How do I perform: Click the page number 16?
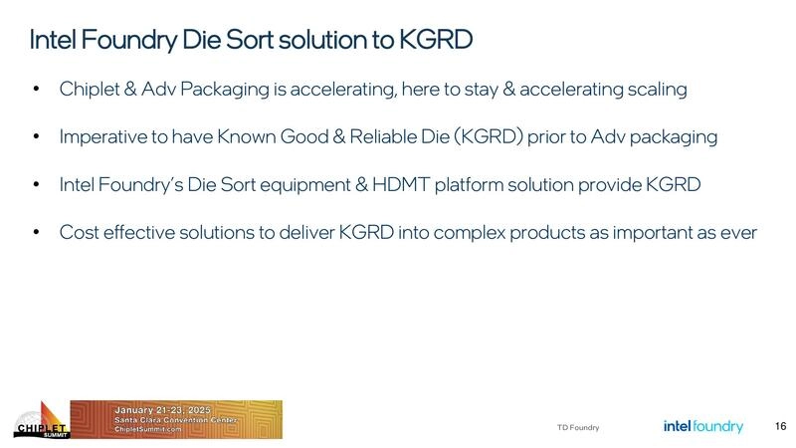point(780,426)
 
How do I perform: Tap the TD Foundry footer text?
point(578,427)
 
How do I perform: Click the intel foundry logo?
point(703,426)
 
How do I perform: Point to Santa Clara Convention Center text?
point(169,419)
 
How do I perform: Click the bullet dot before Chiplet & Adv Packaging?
point(37,90)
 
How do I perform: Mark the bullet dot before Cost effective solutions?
point(37,233)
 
